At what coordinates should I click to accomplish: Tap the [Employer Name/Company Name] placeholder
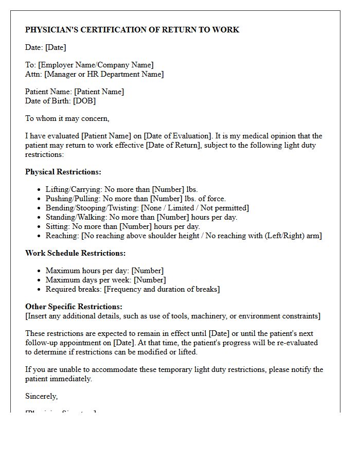click(x=96, y=65)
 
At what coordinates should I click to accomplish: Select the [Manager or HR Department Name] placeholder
click(x=104, y=74)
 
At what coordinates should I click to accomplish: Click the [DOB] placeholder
click(x=84, y=101)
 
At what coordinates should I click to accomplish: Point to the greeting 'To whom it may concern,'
click(x=67, y=118)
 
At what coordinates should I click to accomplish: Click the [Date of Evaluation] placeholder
click(x=178, y=136)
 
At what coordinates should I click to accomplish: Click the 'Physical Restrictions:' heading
click(x=63, y=172)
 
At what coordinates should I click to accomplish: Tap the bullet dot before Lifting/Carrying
click(x=40, y=190)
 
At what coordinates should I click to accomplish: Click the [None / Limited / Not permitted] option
click(x=190, y=208)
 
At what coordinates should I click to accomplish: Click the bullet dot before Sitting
click(x=40, y=227)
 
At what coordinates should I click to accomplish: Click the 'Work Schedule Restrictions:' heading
click(x=76, y=253)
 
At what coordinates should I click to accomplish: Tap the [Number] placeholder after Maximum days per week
click(x=150, y=280)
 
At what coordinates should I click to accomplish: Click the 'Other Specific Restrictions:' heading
click(x=74, y=307)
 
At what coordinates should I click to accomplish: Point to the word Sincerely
click(x=42, y=396)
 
